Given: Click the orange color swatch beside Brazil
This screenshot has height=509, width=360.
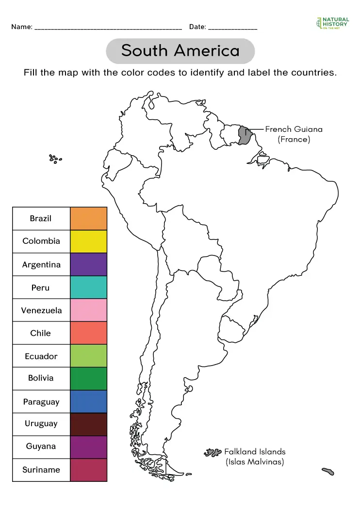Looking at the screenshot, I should click(88, 218).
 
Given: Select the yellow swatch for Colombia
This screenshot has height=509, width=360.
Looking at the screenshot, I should click(88, 241).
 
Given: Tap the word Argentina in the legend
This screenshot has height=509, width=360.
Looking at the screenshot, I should click(41, 265).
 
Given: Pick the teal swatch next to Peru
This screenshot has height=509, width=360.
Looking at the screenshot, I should click(88, 287).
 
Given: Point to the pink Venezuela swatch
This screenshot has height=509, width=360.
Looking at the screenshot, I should click(88, 310).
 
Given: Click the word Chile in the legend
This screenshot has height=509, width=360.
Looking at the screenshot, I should click(41, 333).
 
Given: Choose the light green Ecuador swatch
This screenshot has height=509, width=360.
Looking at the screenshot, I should click(88, 356).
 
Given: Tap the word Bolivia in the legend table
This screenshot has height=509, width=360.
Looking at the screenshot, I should click(41, 378).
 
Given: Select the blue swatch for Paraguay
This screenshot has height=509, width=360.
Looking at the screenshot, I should click(88, 401).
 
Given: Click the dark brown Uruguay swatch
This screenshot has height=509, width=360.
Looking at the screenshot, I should click(88, 424).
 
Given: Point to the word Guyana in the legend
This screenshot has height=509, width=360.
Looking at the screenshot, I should click(41, 446).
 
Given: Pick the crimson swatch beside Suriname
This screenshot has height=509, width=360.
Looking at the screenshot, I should click(88, 469).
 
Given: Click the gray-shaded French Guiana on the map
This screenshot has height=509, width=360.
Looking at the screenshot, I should click(245, 135).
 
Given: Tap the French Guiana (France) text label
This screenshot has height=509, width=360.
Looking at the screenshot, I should click(294, 134).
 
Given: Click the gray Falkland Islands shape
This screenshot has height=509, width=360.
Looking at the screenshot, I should click(212, 453).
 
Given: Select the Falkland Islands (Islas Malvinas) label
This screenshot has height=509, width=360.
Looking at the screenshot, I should click(255, 457).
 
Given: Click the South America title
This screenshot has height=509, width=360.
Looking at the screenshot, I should click(180, 51).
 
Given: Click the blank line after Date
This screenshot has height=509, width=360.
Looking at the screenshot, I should click(232, 28).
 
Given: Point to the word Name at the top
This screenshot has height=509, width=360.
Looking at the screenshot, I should click(21, 27).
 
